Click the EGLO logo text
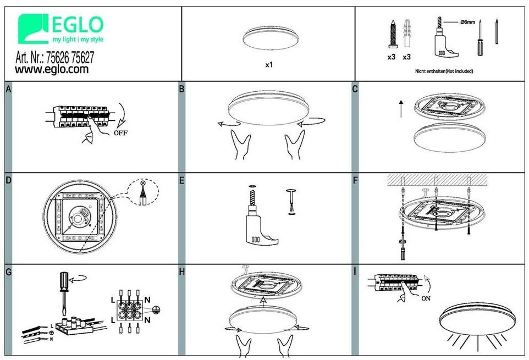click(x=78, y=25)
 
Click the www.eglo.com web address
click(x=52, y=69)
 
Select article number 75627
click(x=82, y=57)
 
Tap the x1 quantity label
click(x=268, y=65)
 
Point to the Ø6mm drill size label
click(x=467, y=22)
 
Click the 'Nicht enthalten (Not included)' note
click(x=444, y=71)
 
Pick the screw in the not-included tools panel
click(x=393, y=34)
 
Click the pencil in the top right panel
click(x=497, y=31)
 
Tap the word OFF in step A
click(x=120, y=133)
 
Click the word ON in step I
click(x=426, y=298)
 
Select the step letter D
click(x=8, y=180)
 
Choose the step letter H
click(x=182, y=272)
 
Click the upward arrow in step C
click(x=401, y=108)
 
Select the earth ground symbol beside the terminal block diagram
click(x=156, y=310)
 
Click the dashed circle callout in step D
click(x=144, y=192)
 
